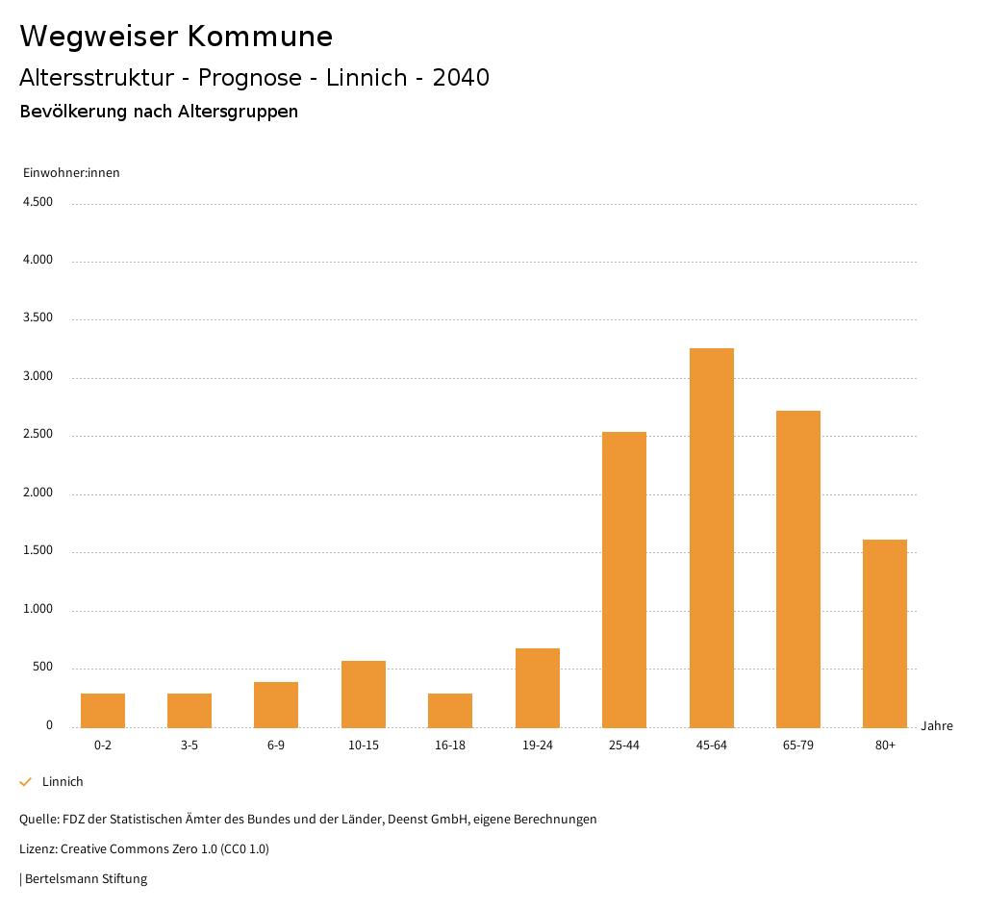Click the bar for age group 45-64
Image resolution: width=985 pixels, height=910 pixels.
coord(711,538)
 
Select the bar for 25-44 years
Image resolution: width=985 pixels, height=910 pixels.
coord(624,580)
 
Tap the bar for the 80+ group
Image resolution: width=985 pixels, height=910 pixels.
coord(885,634)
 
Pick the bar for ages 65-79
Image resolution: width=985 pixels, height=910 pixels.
coord(798,569)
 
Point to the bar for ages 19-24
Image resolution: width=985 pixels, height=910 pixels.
coord(538,688)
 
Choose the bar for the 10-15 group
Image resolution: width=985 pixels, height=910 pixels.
coord(364,695)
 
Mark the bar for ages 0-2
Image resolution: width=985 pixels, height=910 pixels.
coord(103,711)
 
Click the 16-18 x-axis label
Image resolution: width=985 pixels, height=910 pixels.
coord(450,746)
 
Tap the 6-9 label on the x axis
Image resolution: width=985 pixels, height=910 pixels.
coord(276,746)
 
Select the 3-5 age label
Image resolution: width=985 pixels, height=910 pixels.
coord(189,746)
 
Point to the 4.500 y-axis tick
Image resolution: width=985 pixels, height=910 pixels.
coord(38,202)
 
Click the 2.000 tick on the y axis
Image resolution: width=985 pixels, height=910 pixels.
coord(38,493)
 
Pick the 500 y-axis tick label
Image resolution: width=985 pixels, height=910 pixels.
coord(42,668)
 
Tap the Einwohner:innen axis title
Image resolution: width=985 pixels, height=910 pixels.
coord(71,173)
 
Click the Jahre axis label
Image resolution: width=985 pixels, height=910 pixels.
coord(937,726)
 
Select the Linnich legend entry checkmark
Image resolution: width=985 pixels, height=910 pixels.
coord(26,782)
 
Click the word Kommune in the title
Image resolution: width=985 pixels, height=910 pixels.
coord(260,37)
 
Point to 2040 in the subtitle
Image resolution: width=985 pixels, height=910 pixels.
coord(461,78)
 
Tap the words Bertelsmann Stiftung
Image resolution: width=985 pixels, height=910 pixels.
coord(86,879)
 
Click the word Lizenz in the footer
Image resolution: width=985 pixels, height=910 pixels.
coord(38,849)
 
